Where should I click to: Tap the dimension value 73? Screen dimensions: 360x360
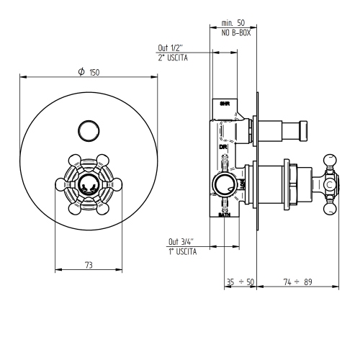point(89,265)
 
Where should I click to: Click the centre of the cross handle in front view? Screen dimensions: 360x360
point(88,184)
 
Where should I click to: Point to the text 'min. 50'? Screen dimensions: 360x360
point(234,24)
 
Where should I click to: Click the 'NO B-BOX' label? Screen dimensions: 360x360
point(234,33)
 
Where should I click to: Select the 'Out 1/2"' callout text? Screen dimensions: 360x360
point(171,48)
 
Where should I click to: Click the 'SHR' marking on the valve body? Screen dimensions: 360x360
point(224,105)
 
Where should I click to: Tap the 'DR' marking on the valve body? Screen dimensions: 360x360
point(223,146)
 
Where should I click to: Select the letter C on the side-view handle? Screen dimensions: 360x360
point(329,184)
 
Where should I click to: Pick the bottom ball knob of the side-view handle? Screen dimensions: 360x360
point(332,212)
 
